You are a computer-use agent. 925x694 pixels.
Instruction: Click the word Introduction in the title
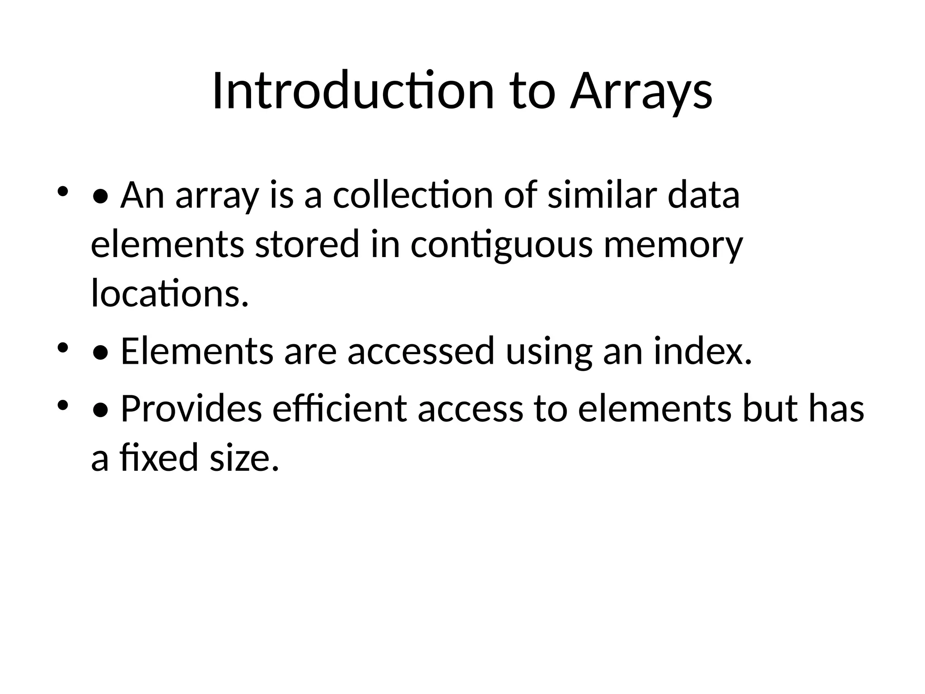point(352,91)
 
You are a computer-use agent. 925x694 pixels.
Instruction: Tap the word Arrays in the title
point(641,91)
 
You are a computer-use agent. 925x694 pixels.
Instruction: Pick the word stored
point(307,244)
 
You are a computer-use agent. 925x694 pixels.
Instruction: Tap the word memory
point(673,244)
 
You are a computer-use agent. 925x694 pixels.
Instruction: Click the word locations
point(170,293)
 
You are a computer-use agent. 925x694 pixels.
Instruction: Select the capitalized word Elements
point(197,352)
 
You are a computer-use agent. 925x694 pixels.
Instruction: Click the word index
point(703,352)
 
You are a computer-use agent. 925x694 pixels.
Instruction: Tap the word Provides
point(191,409)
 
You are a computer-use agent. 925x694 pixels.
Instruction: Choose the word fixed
point(159,458)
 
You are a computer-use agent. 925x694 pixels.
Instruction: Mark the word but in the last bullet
point(770,409)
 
